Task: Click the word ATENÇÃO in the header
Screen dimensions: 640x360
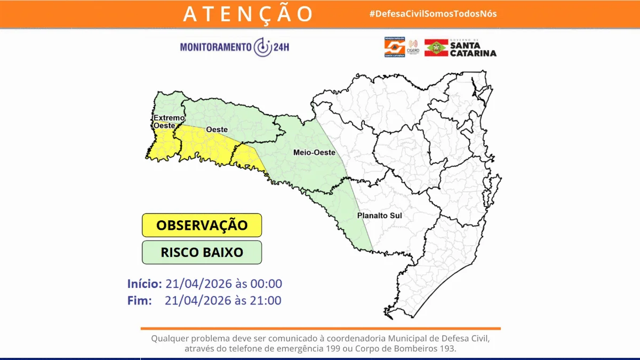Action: tap(248, 14)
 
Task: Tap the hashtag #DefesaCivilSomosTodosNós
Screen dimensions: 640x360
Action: tap(433, 13)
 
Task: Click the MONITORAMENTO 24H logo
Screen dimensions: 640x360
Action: tap(235, 47)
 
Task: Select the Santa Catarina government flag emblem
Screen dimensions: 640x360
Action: tap(435, 47)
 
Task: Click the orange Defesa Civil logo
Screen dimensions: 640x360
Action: tap(395, 47)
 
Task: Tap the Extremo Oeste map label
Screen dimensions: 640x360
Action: tap(169, 121)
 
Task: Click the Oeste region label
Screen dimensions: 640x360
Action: tap(217, 130)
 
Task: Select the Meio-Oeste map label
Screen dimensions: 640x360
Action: tap(314, 153)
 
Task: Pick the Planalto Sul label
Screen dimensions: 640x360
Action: tap(379, 216)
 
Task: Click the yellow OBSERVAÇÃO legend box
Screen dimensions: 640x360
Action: tap(202, 225)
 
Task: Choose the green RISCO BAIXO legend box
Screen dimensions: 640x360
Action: tap(202, 252)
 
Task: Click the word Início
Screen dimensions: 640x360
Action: tap(144, 283)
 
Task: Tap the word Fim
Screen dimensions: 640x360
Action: tap(140, 300)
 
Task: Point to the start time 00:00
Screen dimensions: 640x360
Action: tap(267, 283)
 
